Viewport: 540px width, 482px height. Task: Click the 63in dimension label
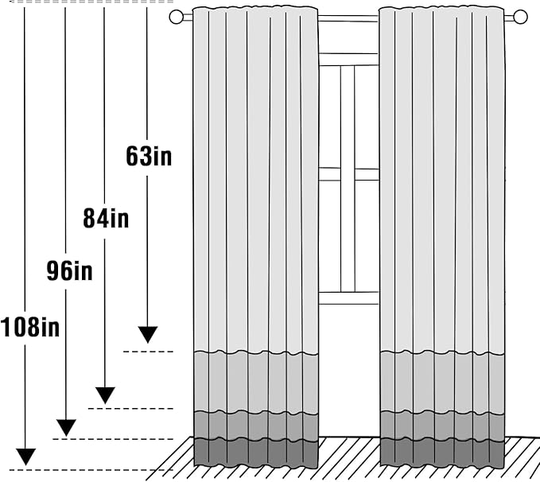[149, 156]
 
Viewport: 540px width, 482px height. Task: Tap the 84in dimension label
[106, 219]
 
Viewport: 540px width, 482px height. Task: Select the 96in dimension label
[69, 270]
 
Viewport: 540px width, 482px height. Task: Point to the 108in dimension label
[30, 327]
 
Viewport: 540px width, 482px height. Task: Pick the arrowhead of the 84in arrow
[105, 395]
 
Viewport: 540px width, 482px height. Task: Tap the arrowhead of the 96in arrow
[66, 428]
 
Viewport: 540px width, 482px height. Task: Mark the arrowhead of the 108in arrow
[25, 457]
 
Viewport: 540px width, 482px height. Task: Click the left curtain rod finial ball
[176, 17]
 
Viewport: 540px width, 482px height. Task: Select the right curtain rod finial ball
[520, 17]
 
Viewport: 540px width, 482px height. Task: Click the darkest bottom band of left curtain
[256, 453]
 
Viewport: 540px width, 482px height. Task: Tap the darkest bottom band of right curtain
[442, 453]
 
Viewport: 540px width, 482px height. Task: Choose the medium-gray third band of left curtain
[256, 426]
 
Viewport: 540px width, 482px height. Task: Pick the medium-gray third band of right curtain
[442, 426]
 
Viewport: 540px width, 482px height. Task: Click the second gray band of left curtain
[256, 382]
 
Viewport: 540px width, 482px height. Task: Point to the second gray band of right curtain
[442, 382]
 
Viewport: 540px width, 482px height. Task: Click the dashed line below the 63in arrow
[148, 352]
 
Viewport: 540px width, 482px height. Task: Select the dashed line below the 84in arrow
[130, 409]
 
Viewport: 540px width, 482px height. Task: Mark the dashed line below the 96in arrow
[113, 439]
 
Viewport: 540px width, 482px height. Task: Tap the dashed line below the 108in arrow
[91, 470]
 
